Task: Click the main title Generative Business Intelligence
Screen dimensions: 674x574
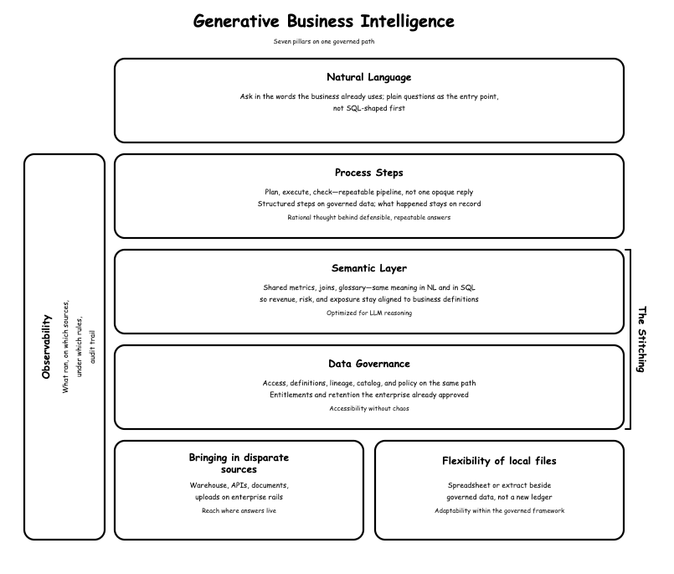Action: pyautogui.click(x=324, y=22)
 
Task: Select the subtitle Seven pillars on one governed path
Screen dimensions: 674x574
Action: pyautogui.click(x=324, y=42)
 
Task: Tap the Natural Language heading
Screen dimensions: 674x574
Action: pyautogui.click(x=368, y=77)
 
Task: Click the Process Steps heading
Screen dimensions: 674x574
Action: pyautogui.click(x=368, y=173)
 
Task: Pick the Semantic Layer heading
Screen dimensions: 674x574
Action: pyautogui.click(x=368, y=268)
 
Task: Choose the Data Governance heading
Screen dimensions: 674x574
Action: pyautogui.click(x=368, y=364)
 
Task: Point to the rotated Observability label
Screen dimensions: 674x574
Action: pyautogui.click(x=46, y=347)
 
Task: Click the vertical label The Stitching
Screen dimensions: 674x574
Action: pyautogui.click(x=641, y=339)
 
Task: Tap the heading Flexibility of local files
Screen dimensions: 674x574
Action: pyautogui.click(x=499, y=461)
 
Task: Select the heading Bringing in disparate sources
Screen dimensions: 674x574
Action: pyautogui.click(x=239, y=463)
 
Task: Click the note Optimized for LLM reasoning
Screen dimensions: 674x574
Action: pyautogui.click(x=368, y=313)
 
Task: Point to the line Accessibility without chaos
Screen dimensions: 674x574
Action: pyautogui.click(x=368, y=408)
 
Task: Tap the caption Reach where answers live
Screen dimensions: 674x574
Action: pyautogui.click(x=239, y=511)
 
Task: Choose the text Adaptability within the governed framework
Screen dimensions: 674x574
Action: pyautogui.click(x=499, y=511)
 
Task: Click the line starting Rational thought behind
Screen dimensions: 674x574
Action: pyautogui.click(x=368, y=217)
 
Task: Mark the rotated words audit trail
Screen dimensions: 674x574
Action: pyautogui.click(x=92, y=347)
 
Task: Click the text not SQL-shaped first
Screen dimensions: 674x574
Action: pyautogui.click(x=368, y=108)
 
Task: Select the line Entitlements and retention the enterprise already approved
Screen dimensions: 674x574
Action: pyautogui.click(x=368, y=395)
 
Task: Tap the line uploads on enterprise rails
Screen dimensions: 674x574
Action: pyautogui.click(x=239, y=497)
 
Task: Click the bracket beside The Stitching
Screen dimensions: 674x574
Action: pyautogui.click(x=630, y=339)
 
